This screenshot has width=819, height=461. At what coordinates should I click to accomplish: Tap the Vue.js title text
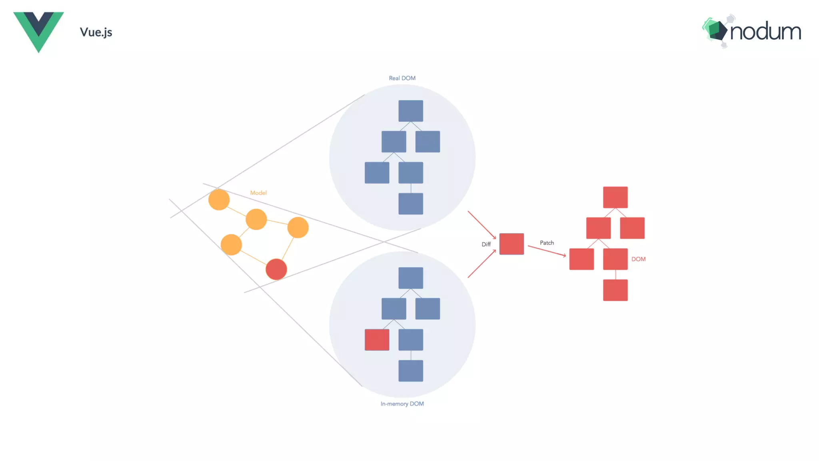pyautogui.click(x=96, y=32)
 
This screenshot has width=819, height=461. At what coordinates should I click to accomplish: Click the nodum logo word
pyautogui.click(x=765, y=32)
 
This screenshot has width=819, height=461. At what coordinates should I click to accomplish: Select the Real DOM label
pyautogui.click(x=402, y=78)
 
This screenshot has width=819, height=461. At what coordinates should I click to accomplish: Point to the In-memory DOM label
pyautogui.click(x=402, y=404)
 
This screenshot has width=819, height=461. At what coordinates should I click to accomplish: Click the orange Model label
pyautogui.click(x=258, y=193)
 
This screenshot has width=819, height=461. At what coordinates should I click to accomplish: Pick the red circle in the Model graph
pyautogui.click(x=276, y=269)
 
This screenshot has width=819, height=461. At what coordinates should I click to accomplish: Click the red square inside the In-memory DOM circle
pyautogui.click(x=377, y=340)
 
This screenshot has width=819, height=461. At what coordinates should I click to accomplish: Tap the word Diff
pyautogui.click(x=486, y=244)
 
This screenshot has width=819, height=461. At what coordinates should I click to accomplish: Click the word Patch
pyautogui.click(x=547, y=243)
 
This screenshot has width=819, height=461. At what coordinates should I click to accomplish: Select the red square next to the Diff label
pyautogui.click(x=511, y=244)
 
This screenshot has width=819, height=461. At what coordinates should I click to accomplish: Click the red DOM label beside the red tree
pyautogui.click(x=638, y=259)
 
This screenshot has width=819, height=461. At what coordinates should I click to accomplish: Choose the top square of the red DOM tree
pyautogui.click(x=615, y=197)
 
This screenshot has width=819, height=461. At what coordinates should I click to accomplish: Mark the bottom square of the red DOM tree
pyautogui.click(x=615, y=290)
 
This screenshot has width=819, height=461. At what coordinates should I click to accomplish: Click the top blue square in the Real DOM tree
pyautogui.click(x=411, y=111)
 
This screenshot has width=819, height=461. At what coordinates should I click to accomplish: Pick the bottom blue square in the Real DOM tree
pyautogui.click(x=411, y=204)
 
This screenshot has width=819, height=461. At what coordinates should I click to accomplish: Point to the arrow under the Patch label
pyautogui.click(x=547, y=251)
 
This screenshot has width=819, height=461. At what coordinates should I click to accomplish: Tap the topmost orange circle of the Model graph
pyautogui.click(x=219, y=200)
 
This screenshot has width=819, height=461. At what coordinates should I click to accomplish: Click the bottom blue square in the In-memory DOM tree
pyautogui.click(x=411, y=371)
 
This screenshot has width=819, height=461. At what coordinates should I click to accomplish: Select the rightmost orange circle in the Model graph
pyautogui.click(x=298, y=227)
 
